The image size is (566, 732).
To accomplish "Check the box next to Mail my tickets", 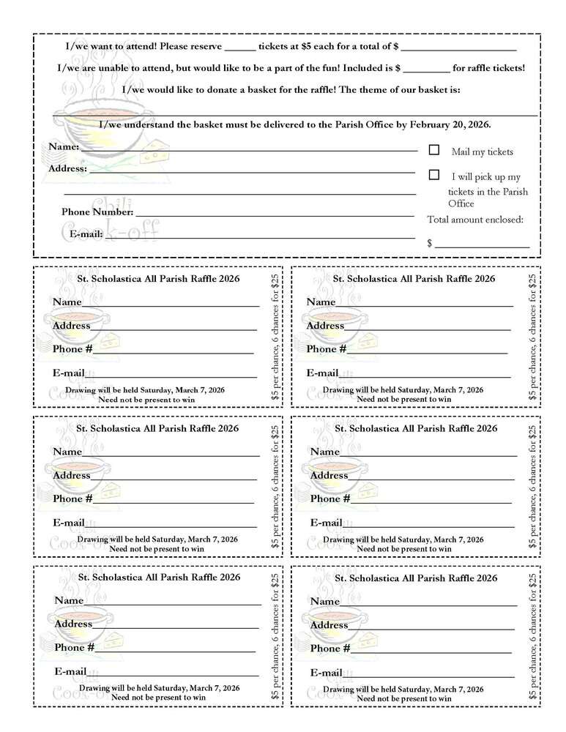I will pos(434,150).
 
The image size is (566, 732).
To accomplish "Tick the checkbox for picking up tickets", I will pos(434,175).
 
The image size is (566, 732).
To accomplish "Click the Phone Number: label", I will pos(97,212).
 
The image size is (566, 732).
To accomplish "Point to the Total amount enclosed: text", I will pos(475,219).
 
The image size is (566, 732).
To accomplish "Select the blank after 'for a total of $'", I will pos(459,48).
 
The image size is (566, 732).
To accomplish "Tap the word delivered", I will pos(291,124).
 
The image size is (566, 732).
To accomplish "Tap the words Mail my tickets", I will pos(482,152).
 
